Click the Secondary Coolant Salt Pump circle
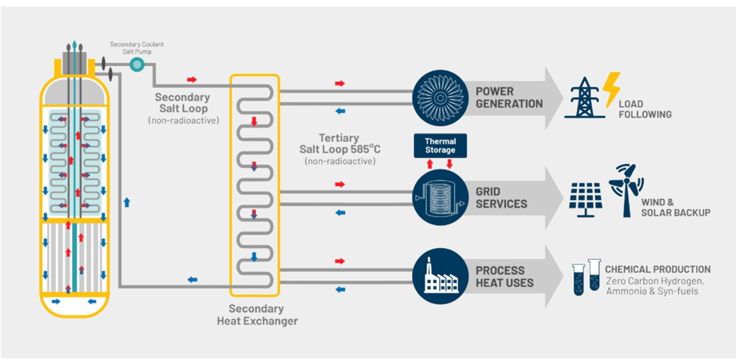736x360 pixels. coord(137,64)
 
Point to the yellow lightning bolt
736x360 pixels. coord(611,90)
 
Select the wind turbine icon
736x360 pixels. coord(626,190)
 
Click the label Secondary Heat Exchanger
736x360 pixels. coord(257,315)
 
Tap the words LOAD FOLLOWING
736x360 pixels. coord(645,109)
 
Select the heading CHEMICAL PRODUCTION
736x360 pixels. coord(658,269)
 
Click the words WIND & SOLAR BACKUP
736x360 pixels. coord(673,208)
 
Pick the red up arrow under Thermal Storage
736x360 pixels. coord(429,164)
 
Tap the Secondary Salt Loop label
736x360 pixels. coord(183,103)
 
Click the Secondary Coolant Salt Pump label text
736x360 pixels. coord(137,47)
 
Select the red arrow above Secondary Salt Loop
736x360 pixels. coord(191,79)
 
